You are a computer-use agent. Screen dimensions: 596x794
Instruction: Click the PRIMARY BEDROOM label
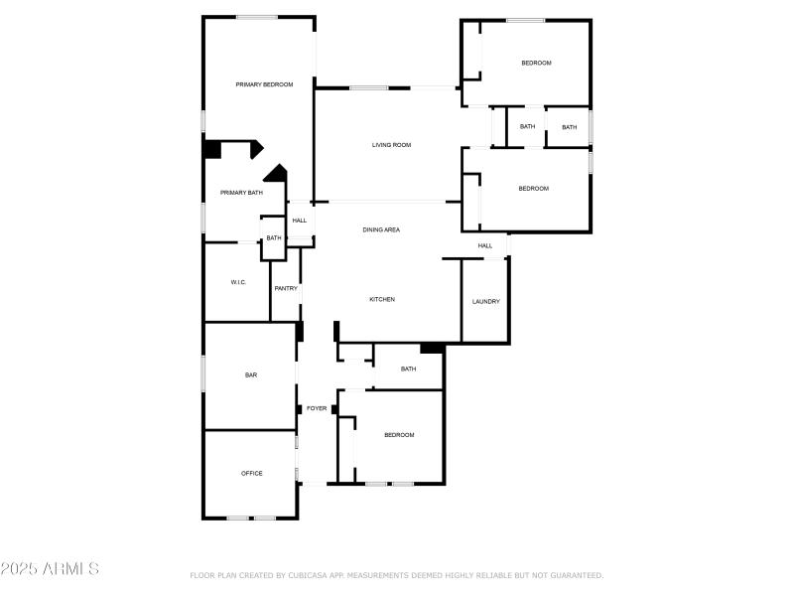click(x=264, y=84)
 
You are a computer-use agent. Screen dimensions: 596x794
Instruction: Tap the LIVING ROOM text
click(x=391, y=145)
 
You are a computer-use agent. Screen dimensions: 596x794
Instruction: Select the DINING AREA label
click(x=381, y=229)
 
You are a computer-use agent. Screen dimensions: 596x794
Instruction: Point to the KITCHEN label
click(x=382, y=299)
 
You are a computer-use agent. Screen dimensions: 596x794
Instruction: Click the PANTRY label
click(x=286, y=289)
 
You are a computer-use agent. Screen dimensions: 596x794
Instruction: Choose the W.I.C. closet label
click(x=238, y=282)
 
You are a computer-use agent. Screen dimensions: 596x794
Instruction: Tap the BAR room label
click(x=251, y=374)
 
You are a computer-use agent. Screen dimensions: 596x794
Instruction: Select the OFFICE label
click(x=252, y=473)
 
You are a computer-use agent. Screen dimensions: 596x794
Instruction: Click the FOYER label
click(x=317, y=408)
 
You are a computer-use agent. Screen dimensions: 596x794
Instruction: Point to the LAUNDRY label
click(x=485, y=301)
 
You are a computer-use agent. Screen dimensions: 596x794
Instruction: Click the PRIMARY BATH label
click(x=241, y=193)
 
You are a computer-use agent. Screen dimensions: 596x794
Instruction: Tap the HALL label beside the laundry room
click(x=485, y=245)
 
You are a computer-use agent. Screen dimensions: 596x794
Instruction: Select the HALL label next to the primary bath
click(x=299, y=221)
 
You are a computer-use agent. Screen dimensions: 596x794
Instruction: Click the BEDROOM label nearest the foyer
click(x=399, y=434)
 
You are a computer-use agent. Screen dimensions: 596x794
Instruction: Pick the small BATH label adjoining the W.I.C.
click(x=273, y=237)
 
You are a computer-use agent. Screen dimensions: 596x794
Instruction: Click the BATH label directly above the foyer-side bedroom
click(x=408, y=369)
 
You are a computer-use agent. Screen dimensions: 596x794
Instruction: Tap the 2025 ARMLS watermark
click(x=50, y=569)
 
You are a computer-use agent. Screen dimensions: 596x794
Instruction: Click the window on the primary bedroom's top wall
click(x=256, y=17)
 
